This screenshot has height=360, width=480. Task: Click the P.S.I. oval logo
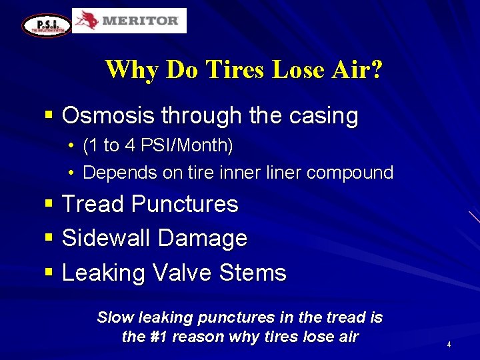[46, 25]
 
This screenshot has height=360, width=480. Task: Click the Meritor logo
[129, 21]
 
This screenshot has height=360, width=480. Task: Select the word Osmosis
[107, 116]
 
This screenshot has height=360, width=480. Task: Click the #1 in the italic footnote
[161, 337]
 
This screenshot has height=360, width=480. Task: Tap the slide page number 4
[449, 345]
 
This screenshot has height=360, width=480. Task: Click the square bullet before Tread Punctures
[48, 203]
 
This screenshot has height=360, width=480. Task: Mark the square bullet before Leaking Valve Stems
[48, 272]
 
